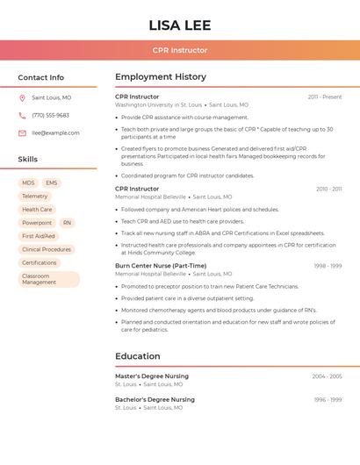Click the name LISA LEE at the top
179,25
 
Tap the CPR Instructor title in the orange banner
179,51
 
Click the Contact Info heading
41,77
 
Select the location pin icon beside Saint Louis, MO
22,98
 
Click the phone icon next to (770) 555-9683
22,116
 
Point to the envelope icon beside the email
22,133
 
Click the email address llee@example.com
55,133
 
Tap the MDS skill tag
28,182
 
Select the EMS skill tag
52,182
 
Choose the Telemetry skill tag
35,197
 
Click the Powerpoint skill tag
37,223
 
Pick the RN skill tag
67,223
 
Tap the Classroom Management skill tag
48,279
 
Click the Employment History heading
161,77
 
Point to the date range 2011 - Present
325,97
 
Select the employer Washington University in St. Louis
158,105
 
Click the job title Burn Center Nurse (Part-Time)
161,266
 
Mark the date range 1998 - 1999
328,266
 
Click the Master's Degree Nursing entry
152,376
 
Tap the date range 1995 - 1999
328,400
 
